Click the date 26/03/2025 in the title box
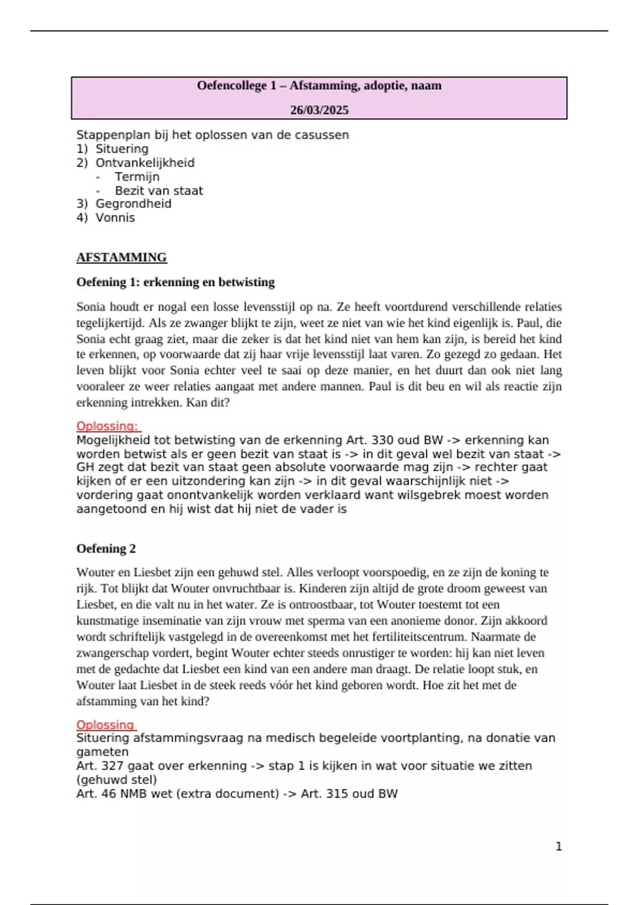[319, 110]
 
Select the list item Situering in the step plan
[122, 149]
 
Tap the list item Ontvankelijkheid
[145, 163]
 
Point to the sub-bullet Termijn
[137, 177]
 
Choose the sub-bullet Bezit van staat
[159, 191]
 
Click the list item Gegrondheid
[133, 204]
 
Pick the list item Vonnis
[115, 218]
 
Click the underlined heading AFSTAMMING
[121, 258]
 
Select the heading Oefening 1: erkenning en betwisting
[176, 282]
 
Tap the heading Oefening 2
[106, 549]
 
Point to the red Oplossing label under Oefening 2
[105, 725]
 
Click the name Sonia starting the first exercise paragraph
[91, 307]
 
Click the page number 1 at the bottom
[559, 846]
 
